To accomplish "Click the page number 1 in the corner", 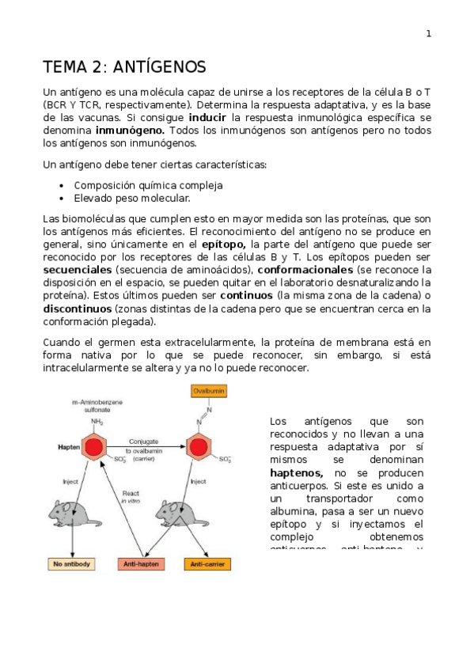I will point(428,33).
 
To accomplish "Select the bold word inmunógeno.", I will point(131,130).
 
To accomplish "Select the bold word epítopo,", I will point(224,245).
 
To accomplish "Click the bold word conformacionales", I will point(309,270).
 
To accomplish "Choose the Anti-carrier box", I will point(207,564).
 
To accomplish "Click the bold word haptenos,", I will point(296,472).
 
